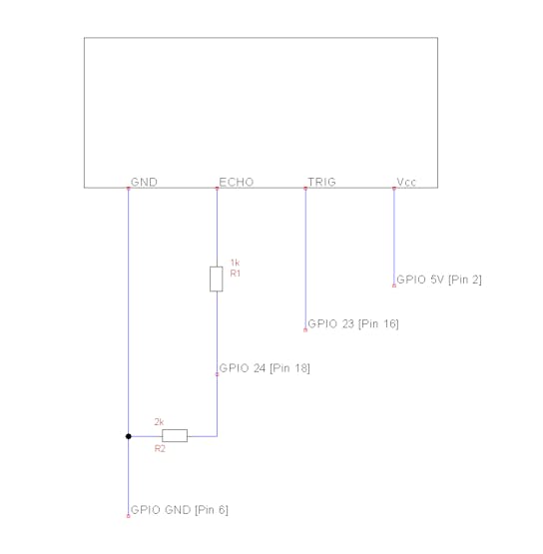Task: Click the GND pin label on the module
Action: click(x=144, y=182)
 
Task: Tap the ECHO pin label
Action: click(x=237, y=182)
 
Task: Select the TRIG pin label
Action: click(x=321, y=182)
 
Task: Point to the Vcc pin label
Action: click(x=406, y=182)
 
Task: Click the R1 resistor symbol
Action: click(x=217, y=279)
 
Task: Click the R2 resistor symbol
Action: click(x=175, y=435)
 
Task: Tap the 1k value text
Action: click(x=235, y=263)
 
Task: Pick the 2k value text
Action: click(x=159, y=422)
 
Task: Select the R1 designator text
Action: click(x=236, y=274)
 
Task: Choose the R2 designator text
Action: click(x=160, y=449)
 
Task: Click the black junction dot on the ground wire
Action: click(x=128, y=436)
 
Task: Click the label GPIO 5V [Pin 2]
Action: click(x=439, y=279)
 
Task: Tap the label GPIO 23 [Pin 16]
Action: click(x=353, y=324)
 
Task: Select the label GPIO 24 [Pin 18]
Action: click(x=265, y=368)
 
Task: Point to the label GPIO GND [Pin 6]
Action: click(x=180, y=510)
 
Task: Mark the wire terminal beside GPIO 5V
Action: click(x=394, y=285)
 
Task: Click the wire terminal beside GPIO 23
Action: click(x=305, y=330)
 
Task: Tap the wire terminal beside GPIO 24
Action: click(x=217, y=374)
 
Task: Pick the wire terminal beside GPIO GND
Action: click(x=128, y=516)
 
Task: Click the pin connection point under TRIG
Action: click(x=305, y=189)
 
